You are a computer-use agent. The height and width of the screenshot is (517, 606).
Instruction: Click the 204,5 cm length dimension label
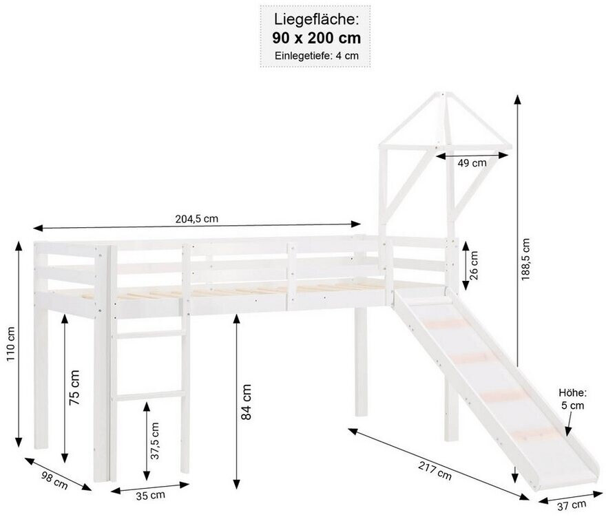[197, 219]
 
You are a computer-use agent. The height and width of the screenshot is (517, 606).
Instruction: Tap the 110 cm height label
[10, 344]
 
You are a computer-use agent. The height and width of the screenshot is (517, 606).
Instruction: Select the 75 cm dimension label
[74, 387]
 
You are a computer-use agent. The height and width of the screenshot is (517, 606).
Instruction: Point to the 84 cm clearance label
[246, 402]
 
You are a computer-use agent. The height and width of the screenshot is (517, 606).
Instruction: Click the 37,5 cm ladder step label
[155, 441]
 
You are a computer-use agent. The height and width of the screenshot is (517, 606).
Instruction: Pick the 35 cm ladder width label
[150, 496]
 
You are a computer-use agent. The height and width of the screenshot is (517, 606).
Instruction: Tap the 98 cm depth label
[54, 481]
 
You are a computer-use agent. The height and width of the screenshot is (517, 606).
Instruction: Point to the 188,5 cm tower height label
[525, 259]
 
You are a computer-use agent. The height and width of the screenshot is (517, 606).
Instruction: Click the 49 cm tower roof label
[472, 163]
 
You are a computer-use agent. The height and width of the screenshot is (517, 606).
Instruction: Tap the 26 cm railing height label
[474, 265]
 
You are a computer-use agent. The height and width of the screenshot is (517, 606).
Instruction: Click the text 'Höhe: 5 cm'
[573, 399]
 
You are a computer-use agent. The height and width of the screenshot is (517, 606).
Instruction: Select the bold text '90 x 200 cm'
[317, 38]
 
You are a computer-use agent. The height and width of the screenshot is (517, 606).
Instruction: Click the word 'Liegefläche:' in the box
[317, 19]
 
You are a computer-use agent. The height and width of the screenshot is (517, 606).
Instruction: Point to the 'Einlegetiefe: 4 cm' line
[317, 56]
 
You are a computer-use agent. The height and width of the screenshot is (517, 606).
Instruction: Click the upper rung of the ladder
[149, 335]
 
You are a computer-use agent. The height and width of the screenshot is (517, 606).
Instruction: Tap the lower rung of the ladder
[149, 396]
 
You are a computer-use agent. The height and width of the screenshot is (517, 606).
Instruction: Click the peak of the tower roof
[443, 94]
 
